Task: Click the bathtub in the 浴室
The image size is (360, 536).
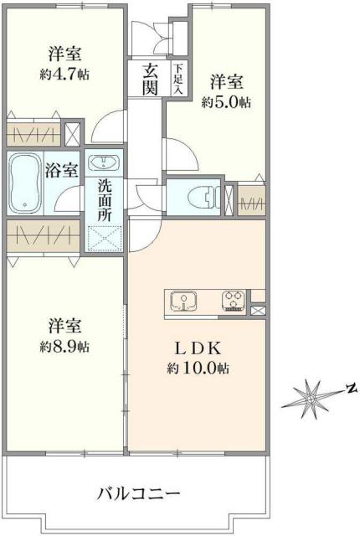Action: pos(25,182)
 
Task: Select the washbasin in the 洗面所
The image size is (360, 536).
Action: pos(105,162)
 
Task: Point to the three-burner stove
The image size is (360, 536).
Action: pos(234,301)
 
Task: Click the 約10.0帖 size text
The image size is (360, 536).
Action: pos(198,368)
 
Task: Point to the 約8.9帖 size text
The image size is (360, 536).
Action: pos(64,347)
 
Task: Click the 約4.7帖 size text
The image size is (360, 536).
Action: pos(64,75)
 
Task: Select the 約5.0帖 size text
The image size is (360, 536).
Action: pos(226,104)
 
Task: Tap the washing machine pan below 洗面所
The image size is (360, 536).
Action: pos(105,239)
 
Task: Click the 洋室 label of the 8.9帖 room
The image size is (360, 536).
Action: pos(64,324)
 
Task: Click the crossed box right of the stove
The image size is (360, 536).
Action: pos(257,311)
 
